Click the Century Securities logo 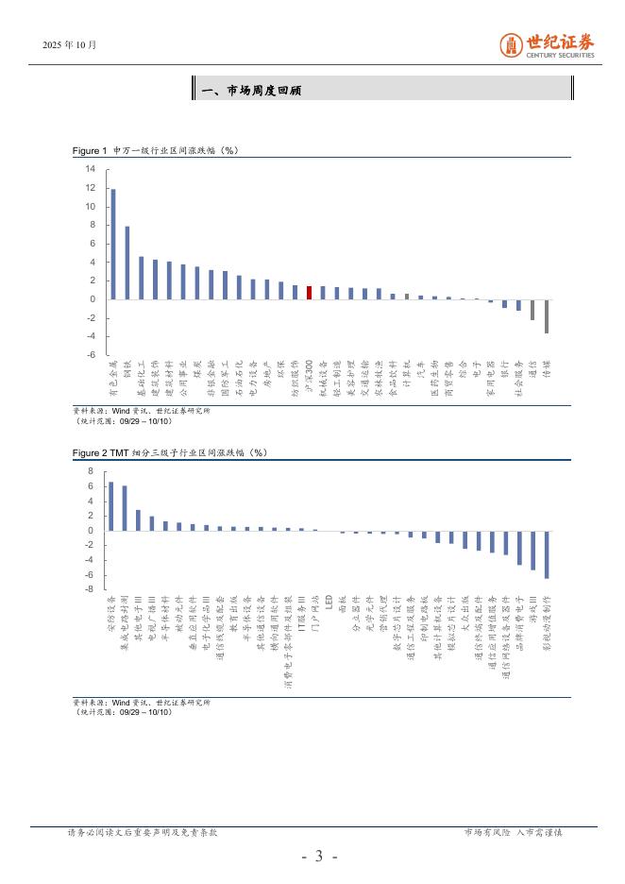point(547,45)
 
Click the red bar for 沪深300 point(309,293)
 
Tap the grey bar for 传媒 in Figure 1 point(546,315)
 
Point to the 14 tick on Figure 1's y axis point(91,169)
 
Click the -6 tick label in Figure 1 point(90,355)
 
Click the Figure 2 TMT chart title point(170,453)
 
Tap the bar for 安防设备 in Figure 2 point(111,506)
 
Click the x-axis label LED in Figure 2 point(316,602)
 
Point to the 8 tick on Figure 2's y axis point(91,470)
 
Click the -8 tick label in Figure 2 point(90,589)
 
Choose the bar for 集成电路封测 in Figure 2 point(125,508)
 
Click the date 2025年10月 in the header point(70,44)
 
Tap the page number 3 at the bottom point(319,857)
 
